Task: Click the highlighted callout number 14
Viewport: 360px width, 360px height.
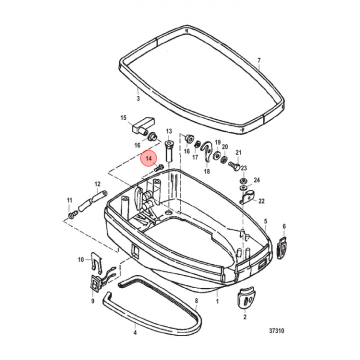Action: click(148, 158)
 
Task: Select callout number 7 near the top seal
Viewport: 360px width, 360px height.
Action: click(258, 61)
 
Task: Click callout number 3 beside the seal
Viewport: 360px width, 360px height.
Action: click(137, 99)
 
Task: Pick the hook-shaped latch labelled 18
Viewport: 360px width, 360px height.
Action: click(206, 152)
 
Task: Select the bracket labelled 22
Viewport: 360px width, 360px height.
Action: click(247, 197)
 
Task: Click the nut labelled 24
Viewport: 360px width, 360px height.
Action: click(242, 180)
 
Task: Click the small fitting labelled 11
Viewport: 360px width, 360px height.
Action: click(72, 215)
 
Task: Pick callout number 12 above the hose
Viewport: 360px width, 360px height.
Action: click(97, 183)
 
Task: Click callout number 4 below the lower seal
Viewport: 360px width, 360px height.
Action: click(134, 331)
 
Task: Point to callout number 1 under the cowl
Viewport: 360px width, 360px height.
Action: click(217, 301)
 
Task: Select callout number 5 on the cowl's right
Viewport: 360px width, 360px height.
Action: click(265, 220)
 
